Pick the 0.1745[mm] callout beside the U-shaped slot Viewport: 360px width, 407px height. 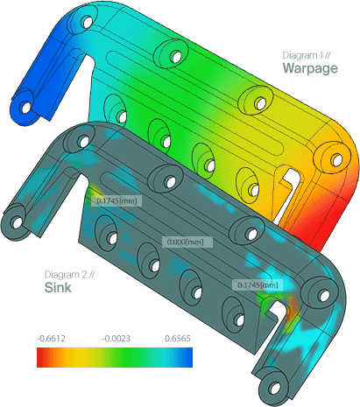click(258, 285)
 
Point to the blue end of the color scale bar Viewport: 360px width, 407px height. click(186, 357)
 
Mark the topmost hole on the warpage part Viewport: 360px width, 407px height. click(84, 18)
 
